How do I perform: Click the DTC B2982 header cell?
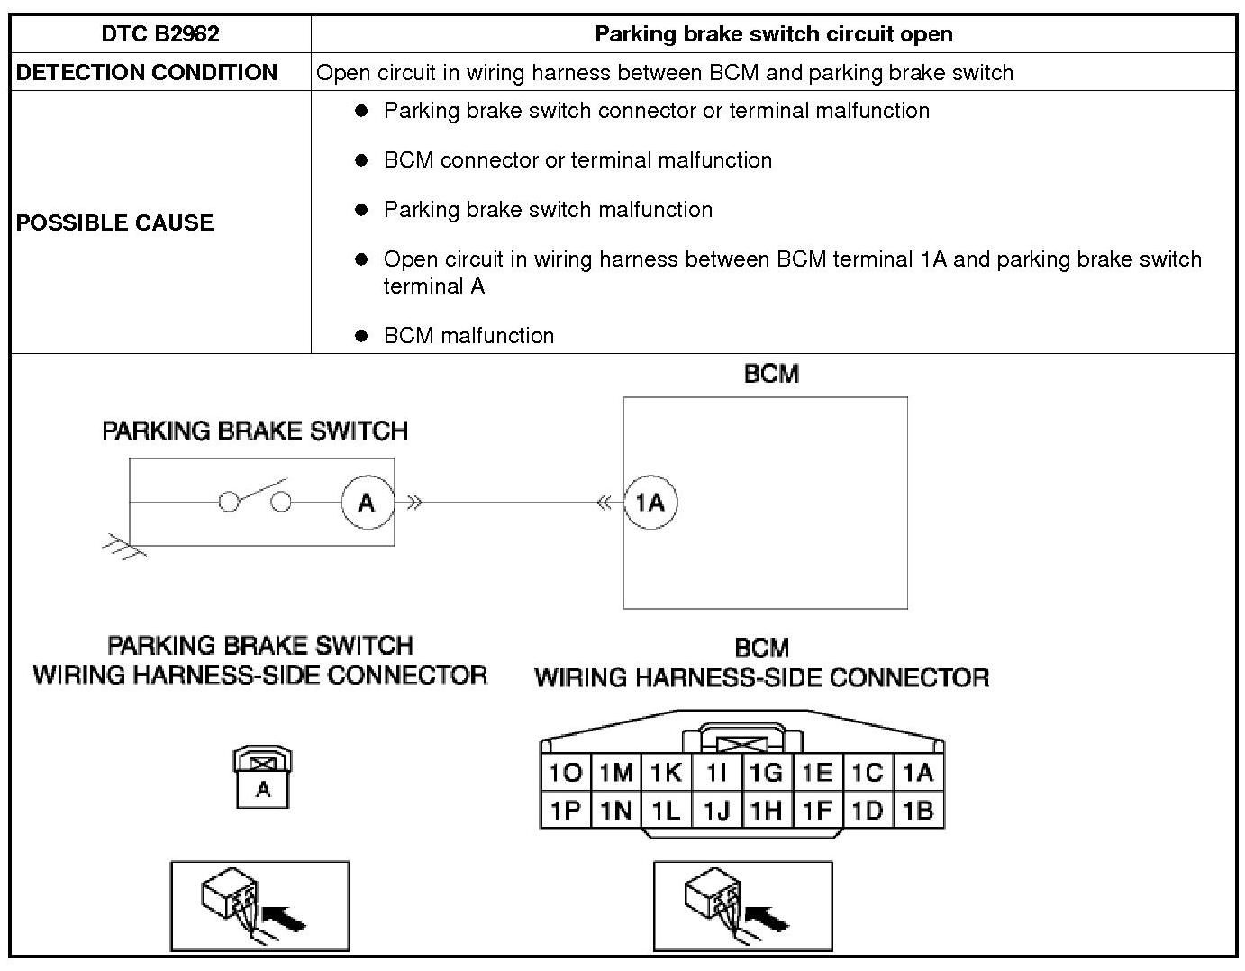click(160, 34)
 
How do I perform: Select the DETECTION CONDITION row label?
click(147, 72)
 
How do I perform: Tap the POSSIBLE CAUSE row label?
click(115, 222)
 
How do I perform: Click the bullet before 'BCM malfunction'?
click(362, 336)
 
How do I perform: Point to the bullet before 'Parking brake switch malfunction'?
click(362, 210)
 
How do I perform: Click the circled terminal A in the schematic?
click(367, 502)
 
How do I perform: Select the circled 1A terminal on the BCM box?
click(650, 502)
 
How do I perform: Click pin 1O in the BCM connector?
click(566, 773)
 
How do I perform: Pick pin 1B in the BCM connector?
click(917, 811)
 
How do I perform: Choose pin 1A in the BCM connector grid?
click(917, 773)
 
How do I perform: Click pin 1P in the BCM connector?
click(566, 811)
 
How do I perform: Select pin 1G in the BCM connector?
click(766, 773)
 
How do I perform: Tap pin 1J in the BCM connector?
click(716, 811)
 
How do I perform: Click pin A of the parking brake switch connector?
click(263, 790)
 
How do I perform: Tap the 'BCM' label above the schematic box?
click(771, 374)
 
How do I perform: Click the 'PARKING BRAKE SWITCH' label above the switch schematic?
click(255, 431)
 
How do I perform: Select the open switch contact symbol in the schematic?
click(256, 498)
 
